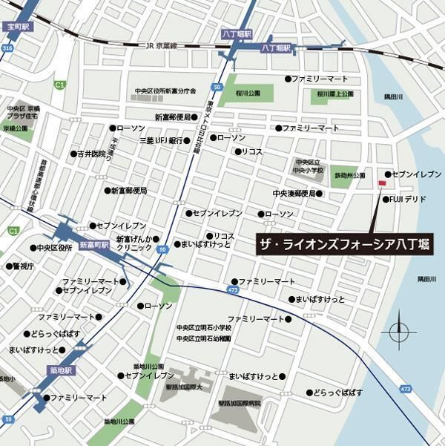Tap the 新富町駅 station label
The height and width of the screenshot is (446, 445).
[x=94, y=243]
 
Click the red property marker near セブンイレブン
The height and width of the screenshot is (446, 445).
[x=382, y=183]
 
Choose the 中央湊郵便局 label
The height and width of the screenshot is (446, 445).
[x=294, y=194]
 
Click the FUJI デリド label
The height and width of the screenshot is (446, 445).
[x=407, y=199]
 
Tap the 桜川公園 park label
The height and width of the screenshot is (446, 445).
[x=248, y=94]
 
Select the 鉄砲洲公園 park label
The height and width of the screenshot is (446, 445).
[x=349, y=176]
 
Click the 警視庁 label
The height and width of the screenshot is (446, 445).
[x=23, y=265]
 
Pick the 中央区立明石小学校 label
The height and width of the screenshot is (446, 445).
[x=203, y=327]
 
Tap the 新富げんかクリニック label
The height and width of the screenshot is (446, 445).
[x=133, y=243]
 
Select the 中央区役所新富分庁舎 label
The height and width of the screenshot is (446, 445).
[x=165, y=91]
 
